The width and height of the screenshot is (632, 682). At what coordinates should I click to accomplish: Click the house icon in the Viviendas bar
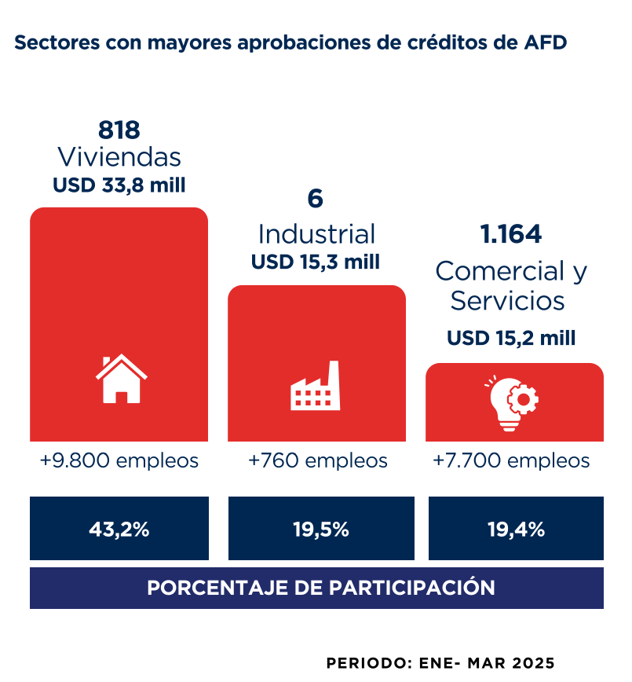coord(121,379)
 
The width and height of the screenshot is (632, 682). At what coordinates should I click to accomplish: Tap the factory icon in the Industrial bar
coord(315,387)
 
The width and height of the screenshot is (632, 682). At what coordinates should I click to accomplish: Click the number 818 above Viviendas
coord(119,130)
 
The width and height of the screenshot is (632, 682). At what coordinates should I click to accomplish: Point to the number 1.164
coord(511,234)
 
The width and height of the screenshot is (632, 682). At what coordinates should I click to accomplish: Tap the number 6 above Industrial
coord(315,199)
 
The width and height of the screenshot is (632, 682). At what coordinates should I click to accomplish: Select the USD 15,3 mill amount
coord(316,262)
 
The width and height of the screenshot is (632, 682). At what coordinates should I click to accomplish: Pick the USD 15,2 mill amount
coord(511,338)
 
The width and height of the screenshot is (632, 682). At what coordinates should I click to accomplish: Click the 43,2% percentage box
coord(119,529)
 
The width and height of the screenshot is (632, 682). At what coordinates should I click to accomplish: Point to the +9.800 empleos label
coord(119,460)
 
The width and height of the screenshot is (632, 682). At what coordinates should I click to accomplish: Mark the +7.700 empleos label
coord(511,460)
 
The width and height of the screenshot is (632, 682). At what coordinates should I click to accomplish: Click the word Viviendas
coord(119,157)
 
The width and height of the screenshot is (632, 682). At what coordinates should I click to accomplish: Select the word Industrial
coord(316,234)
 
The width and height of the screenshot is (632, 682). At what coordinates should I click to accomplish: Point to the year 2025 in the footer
coord(533,662)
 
